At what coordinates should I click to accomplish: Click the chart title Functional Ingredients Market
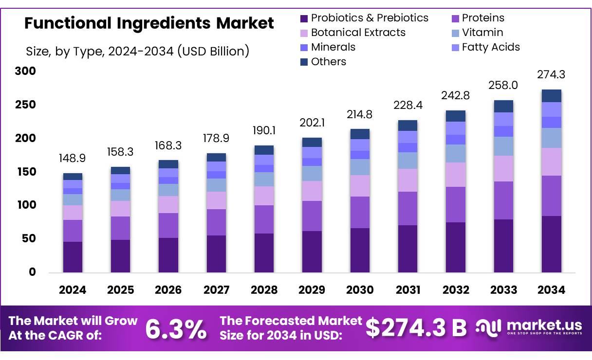point(149,23)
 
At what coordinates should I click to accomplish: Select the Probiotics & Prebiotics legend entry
point(370,18)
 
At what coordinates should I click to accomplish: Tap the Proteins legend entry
point(482,18)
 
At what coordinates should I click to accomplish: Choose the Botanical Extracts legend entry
point(358,33)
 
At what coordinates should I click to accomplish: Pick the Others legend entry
point(329,62)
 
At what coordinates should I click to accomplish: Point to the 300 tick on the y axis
point(25,72)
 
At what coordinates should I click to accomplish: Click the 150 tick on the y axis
point(25,172)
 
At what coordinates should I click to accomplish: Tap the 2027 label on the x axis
point(216,290)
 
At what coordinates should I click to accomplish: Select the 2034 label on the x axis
point(552,290)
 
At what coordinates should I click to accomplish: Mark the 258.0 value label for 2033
point(503,85)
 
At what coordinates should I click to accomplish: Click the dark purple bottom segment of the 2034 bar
point(552,244)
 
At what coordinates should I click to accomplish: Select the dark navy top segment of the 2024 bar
point(73,177)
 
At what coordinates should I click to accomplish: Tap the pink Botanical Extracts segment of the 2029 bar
point(312,191)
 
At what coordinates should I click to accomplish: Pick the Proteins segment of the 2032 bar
point(456,204)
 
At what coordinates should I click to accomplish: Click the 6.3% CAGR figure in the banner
point(176,329)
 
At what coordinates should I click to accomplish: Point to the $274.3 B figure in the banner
point(416,328)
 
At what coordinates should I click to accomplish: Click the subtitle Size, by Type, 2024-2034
point(137,51)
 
